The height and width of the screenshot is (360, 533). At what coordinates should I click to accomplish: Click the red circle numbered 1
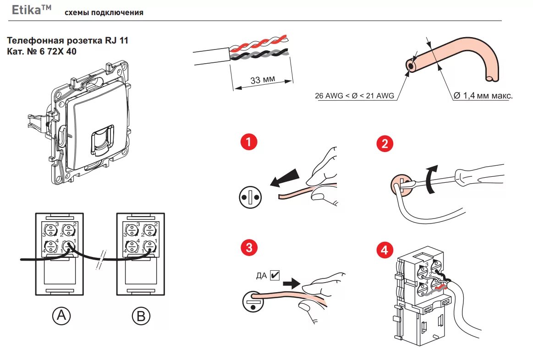[x=249, y=142]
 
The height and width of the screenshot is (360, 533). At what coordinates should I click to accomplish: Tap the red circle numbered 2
[x=385, y=143]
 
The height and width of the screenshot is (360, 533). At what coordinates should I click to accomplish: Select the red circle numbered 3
[x=249, y=247]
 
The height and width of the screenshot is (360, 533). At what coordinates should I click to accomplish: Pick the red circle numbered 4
[x=385, y=250]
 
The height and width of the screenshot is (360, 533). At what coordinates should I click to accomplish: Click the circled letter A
[x=61, y=316]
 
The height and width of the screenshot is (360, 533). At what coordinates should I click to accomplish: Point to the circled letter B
[x=141, y=316]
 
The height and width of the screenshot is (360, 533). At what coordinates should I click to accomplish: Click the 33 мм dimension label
[x=263, y=80]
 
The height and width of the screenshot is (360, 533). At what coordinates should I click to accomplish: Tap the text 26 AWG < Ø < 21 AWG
[x=355, y=96]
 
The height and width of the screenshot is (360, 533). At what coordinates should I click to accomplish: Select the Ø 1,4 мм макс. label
[x=483, y=95]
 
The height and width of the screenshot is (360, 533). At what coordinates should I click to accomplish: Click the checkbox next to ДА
[x=275, y=275]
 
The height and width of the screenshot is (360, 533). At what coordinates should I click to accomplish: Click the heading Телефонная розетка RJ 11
[x=68, y=40]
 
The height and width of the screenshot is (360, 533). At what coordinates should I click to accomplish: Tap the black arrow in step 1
[x=285, y=178]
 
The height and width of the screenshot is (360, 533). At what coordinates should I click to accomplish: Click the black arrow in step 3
[x=291, y=283]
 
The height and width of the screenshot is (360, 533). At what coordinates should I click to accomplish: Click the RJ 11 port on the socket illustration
[x=102, y=141]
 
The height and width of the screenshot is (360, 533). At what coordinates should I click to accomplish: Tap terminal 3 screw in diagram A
[x=51, y=230]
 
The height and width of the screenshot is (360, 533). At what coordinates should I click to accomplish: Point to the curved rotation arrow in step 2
[x=432, y=179]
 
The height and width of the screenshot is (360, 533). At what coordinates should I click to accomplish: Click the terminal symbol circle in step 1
[x=251, y=197]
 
